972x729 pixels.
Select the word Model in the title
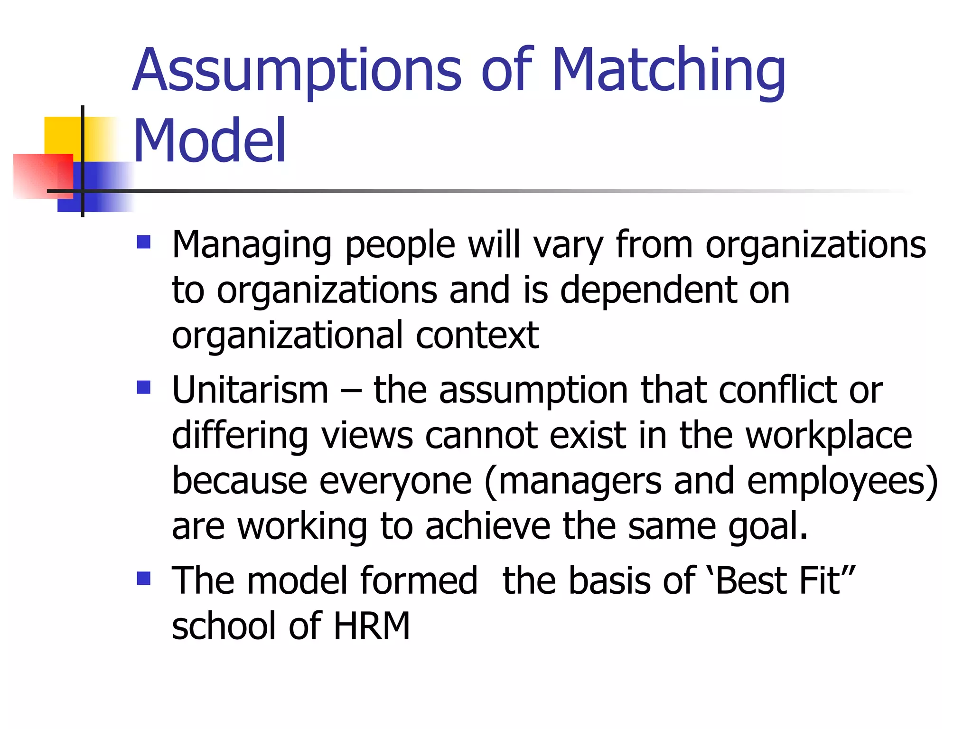[209, 141]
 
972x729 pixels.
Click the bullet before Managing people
[143, 243]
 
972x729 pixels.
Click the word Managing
[252, 246]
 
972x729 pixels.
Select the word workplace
[828, 436]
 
